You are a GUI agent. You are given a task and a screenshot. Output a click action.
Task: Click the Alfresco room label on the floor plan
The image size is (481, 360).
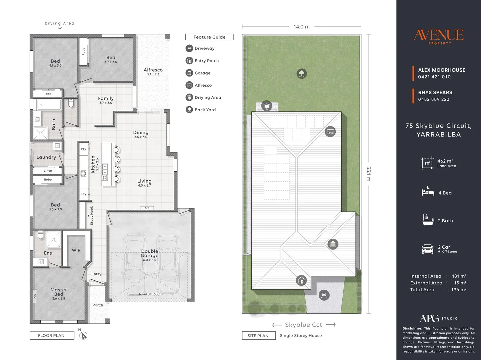pos(153,70)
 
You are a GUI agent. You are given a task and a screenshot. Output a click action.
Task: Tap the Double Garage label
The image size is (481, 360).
pos(149,253)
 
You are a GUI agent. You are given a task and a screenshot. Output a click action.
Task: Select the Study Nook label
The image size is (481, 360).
pos(92,216)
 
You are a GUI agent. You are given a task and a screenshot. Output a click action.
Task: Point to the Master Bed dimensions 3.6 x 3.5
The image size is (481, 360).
pos(59,298)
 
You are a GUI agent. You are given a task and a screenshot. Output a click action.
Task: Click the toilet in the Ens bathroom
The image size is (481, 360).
pos(40,234)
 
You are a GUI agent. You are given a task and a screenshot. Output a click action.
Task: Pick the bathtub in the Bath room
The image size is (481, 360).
pos(49,105)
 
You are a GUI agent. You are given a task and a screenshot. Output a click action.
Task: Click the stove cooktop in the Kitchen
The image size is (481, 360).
pos(83,174)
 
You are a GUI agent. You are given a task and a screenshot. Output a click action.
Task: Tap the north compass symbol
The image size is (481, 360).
pos(83,335)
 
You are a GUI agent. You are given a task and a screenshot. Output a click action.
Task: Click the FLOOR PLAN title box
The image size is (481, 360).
pos(52,335)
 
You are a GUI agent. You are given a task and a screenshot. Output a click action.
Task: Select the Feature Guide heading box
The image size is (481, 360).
pos(209,37)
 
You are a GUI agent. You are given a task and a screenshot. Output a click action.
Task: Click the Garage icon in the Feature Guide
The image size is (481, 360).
pos(189,73)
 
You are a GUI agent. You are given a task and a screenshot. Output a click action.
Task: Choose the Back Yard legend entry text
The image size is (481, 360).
pos(205,110)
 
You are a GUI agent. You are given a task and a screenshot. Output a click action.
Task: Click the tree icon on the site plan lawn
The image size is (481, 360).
pos(302,73)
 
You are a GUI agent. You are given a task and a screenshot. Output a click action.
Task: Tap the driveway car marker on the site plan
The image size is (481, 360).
pos(324,295)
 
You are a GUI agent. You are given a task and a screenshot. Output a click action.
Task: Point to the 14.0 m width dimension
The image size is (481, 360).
pos(302,27)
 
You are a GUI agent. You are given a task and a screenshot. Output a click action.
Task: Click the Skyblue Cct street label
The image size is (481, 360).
pos(304,325)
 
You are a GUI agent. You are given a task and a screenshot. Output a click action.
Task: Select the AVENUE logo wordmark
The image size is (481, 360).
pos(438,35)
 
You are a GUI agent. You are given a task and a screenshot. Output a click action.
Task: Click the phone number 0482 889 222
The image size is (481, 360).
pos(433,99)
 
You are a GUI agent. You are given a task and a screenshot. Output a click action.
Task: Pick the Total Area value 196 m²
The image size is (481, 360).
pos(459,290)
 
